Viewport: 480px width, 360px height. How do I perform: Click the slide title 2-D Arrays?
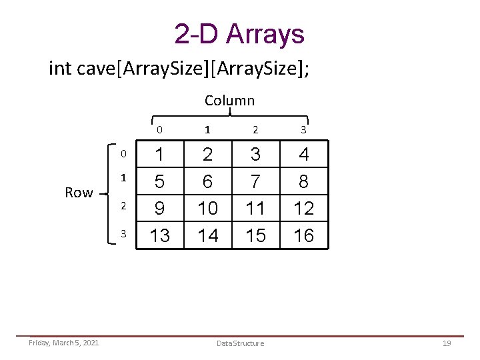click(239, 34)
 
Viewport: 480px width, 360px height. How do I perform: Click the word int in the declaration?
click(61, 69)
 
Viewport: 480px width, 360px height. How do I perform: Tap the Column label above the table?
click(229, 101)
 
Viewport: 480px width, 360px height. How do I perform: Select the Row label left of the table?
click(79, 193)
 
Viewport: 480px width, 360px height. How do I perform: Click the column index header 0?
click(160, 130)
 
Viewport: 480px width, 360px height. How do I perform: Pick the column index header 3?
click(303, 130)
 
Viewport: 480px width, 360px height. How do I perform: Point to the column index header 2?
click(255, 130)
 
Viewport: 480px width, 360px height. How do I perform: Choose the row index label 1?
click(123, 179)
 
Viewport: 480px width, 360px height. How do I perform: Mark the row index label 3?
click(123, 233)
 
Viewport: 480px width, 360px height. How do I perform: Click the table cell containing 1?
click(160, 155)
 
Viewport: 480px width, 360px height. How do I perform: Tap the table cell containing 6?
click(208, 181)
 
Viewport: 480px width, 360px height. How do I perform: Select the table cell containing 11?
click(255, 208)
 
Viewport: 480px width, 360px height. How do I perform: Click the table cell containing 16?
click(304, 235)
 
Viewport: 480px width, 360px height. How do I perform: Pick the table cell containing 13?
click(160, 235)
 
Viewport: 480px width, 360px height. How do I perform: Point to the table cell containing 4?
click(304, 155)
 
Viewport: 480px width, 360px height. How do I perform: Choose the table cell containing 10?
click(208, 208)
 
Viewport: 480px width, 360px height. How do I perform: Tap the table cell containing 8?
click(304, 181)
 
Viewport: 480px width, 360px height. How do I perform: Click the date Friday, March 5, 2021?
click(64, 343)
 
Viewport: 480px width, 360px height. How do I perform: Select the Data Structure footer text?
click(240, 343)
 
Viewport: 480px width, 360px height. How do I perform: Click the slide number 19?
click(447, 343)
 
